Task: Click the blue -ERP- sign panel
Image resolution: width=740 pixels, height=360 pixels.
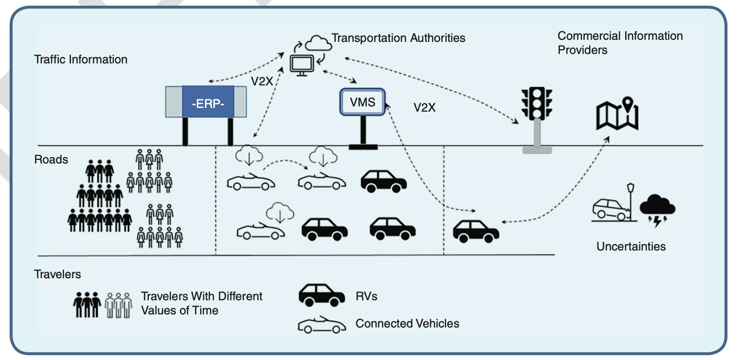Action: click(x=208, y=102)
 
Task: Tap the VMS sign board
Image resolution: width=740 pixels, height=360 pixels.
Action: click(x=363, y=102)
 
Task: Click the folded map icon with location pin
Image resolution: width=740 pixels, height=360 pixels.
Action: click(x=617, y=113)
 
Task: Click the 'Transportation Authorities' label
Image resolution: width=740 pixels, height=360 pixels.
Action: click(x=398, y=38)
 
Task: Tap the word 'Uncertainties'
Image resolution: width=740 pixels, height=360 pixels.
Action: click(x=631, y=246)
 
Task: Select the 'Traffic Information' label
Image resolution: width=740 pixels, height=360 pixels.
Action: click(x=81, y=59)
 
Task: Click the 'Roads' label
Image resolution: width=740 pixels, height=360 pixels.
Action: click(x=51, y=159)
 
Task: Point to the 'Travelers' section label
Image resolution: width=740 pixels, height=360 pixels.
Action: click(x=58, y=274)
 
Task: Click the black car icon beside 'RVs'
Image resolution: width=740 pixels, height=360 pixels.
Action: click(x=322, y=294)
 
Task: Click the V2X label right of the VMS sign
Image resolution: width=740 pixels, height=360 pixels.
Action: click(x=425, y=107)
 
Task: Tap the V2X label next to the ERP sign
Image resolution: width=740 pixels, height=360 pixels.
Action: click(x=262, y=81)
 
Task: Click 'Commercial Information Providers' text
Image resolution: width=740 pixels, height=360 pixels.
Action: click(x=620, y=43)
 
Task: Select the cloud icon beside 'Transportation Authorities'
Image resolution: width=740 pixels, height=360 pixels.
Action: click(x=318, y=43)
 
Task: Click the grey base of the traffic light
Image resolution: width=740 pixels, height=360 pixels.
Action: click(x=537, y=150)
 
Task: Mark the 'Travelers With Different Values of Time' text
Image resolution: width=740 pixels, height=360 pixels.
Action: click(x=202, y=303)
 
